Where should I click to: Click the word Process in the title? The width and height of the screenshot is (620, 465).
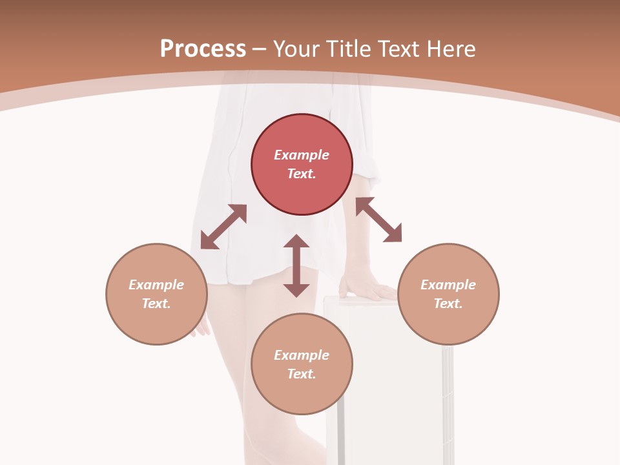[x=203, y=49]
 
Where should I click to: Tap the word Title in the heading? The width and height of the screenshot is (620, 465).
[x=348, y=49]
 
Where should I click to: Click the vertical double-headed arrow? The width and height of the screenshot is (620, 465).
[x=296, y=265]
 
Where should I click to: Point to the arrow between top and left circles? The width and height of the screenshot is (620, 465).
[x=223, y=227]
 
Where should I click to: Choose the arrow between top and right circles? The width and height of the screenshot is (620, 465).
[x=378, y=220]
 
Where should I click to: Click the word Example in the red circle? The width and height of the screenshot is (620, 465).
[x=302, y=155]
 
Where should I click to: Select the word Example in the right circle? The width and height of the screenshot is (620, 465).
[x=448, y=285]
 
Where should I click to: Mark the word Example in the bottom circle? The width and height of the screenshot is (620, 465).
[x=302, y=355]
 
